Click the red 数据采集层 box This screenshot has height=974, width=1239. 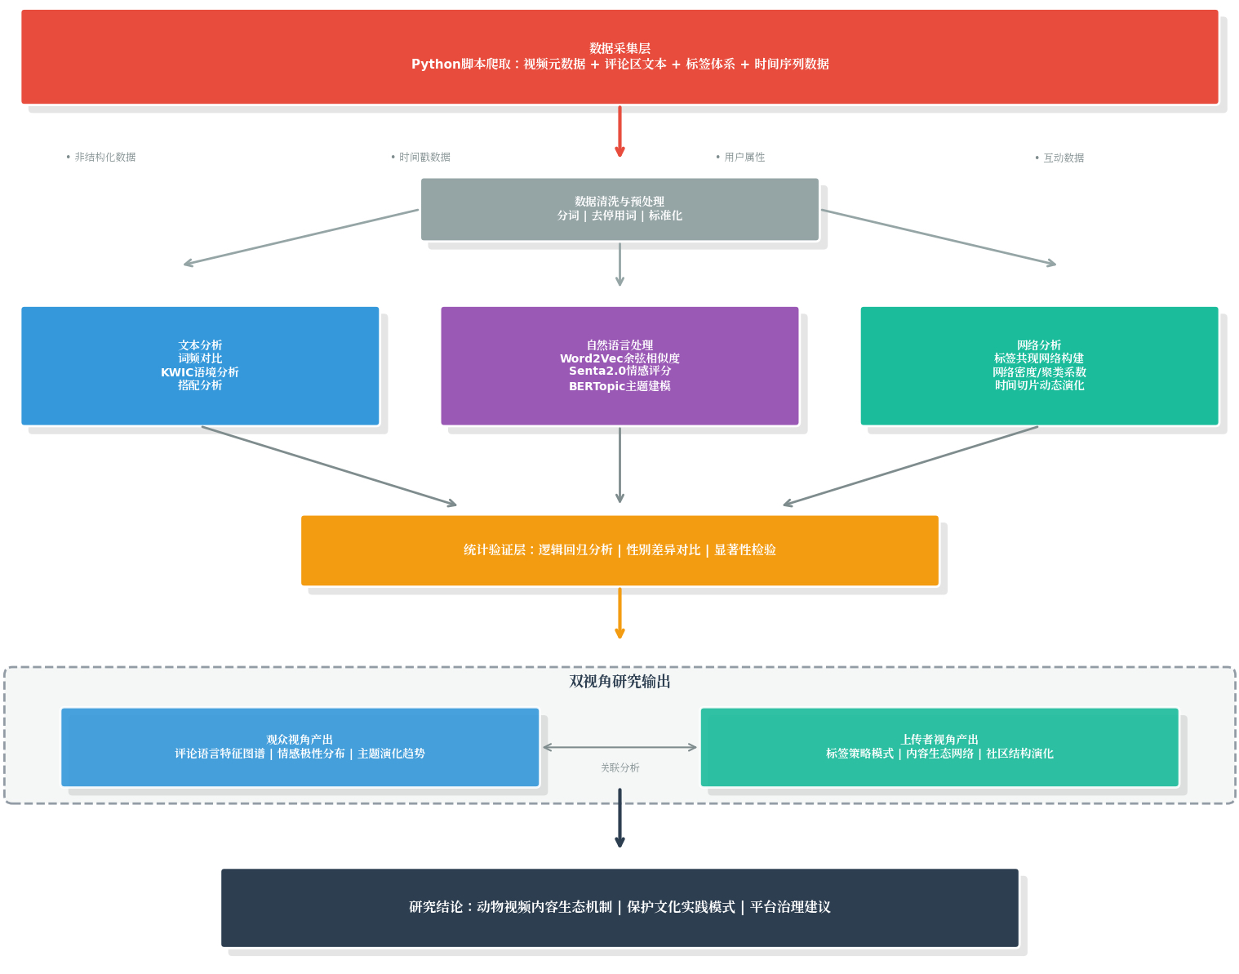(619, 56)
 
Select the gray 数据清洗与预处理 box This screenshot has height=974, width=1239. (619, 209)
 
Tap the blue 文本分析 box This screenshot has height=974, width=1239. (200, 366)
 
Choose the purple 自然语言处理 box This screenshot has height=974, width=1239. (619, 366)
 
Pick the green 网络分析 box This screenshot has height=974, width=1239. (1039, 366)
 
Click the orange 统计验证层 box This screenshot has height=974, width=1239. (619, 550)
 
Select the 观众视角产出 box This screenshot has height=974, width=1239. (300, 747)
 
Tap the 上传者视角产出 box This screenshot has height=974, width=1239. (939, 747)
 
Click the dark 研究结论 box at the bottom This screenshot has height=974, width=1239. (619, 907)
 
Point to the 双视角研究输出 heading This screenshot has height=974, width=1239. (619, 682)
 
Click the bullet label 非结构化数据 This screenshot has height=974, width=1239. (104, 158)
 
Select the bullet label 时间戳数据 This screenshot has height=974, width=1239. (424, 158)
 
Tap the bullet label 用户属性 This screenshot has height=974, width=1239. (744, 158)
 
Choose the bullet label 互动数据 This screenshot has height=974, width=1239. (1063, 158)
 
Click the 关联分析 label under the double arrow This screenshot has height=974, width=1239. (619, 768)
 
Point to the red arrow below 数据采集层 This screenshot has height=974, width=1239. (619, 131)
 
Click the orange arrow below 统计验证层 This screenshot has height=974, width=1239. (619, 612)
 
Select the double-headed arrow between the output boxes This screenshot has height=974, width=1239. (619, 747)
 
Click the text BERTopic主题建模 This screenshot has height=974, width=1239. (619, 386)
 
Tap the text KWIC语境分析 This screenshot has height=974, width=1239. (200, 372)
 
